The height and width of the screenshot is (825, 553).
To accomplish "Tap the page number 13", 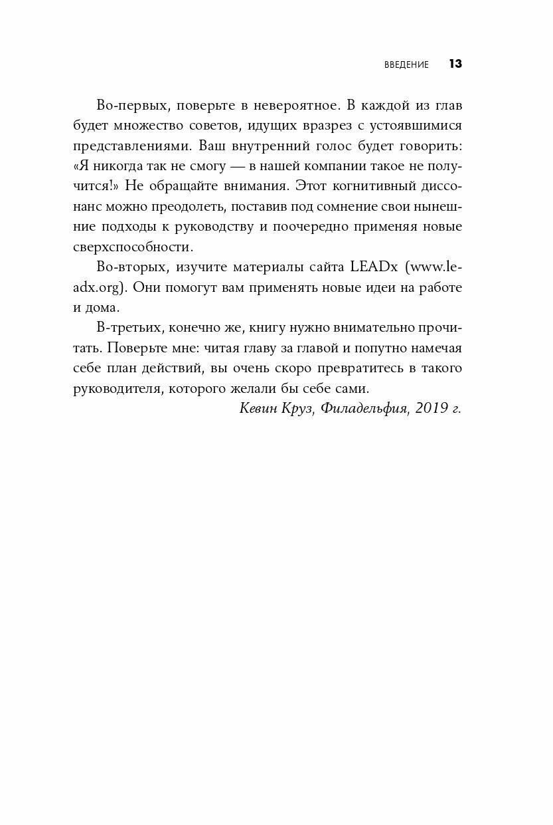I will tap(455, 64).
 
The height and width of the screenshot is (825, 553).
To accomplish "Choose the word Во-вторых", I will tap(127, 267).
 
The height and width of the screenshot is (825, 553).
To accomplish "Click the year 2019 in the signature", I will tap(430, 408).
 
